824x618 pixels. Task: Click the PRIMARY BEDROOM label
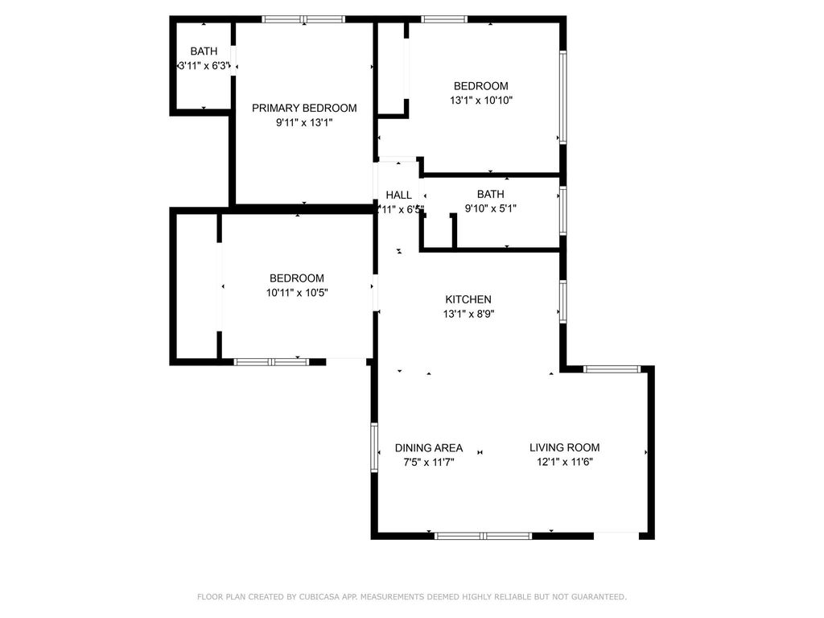[x=304, y=108]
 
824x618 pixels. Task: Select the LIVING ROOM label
[x=564, y=447]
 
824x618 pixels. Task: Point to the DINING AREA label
[x=428, y=447]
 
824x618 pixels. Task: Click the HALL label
[x=398, y=195]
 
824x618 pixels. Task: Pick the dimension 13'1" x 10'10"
[x=481, y=101]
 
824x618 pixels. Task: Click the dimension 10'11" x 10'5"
[x=297, y=293]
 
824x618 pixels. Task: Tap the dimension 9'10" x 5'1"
[x=490, y=208]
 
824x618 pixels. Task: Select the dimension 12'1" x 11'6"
[x=564, y=462]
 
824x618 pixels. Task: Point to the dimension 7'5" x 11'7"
[x=428, y=462]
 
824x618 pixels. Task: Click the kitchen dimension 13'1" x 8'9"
[x=468, y=314]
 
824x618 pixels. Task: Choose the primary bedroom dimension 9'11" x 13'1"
[x=304, y=122]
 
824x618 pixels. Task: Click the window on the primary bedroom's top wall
[x=304, y=19]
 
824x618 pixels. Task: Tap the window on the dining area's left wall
[x=374, y=447]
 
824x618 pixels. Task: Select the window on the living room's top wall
[x=612, y=369]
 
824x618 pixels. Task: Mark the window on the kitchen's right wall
[x=562, y=299]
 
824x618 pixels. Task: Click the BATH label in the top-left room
[x=204, y=51]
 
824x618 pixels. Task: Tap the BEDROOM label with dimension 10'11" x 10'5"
[x=297, y=278]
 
